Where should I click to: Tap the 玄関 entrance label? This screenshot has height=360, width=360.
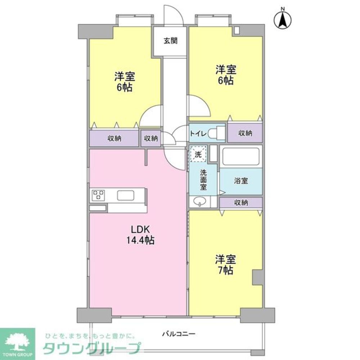click(170, 41)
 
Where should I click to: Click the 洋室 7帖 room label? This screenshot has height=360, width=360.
click(225, 264)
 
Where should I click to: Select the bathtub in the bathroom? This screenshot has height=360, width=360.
click(241, 156)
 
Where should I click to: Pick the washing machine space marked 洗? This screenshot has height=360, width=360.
click(198, 154)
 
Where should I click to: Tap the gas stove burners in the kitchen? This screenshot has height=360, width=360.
click(98, 195)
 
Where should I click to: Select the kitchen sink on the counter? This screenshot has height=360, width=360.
click(126, 195)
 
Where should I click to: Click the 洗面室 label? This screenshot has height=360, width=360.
click(203, 180)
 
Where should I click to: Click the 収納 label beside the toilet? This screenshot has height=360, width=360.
click(245, 133)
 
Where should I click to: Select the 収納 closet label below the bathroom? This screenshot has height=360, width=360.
click(241, 203)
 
